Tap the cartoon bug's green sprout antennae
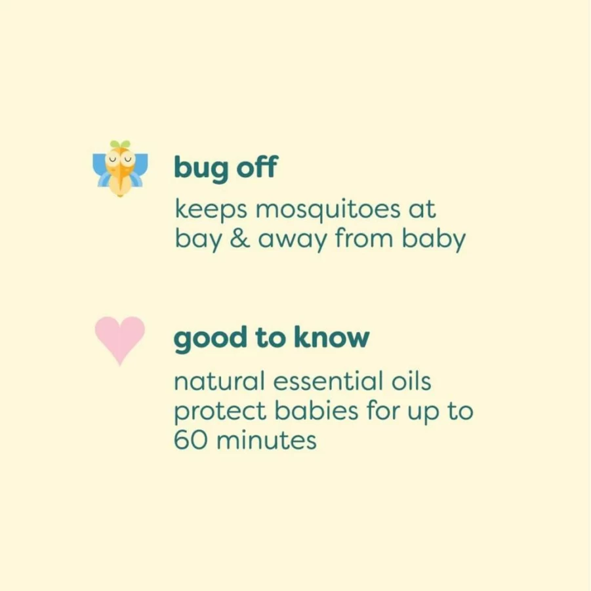click(x=120, y=144)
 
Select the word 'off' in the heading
click(x=257, y=167)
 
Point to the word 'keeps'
click(x=211, y=209)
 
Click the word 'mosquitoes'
click(x=328, y=209)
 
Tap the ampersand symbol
click(x=239, y=239)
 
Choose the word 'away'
click(x=293, y=241)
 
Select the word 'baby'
click(x=434, y=239)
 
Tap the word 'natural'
click(x=219, y=381)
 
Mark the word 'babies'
click(x=316, y=410)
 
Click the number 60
click(x=191, y=439)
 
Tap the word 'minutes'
click(x=266, y=439)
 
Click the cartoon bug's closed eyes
click(x=120, y=159)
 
